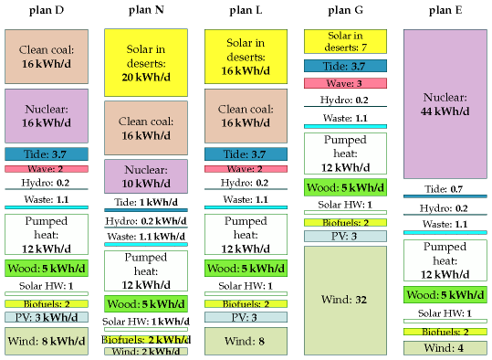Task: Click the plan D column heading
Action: tap(47, 10)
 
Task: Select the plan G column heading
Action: tap(345, 10)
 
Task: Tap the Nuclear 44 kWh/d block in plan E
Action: tap(445, 104)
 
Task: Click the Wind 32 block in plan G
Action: tap(345, 301)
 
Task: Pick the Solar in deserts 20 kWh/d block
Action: tap(146, 63)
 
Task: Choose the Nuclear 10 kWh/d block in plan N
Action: tap(146, 176)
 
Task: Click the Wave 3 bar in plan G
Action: tap(345, 83)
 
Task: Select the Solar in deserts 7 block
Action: tap(345, 41)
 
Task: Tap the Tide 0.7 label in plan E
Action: tap(444, 189)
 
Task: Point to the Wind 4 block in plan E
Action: tap(445, 348)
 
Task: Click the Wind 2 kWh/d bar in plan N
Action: tap(146, 351)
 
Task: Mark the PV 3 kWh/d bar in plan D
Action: tap(47, 317)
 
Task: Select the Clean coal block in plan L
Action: tap(246, 116)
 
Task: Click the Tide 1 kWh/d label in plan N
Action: tap(146, 202)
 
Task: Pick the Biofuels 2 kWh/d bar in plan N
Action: tap(146, 340)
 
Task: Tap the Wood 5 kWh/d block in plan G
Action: tap(345, 187)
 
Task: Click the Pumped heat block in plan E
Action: tap(445, 260)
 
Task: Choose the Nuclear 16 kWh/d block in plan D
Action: tap(47, 116)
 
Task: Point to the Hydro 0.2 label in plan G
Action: tap(344, 100)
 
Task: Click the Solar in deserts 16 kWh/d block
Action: tap(246, 57)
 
